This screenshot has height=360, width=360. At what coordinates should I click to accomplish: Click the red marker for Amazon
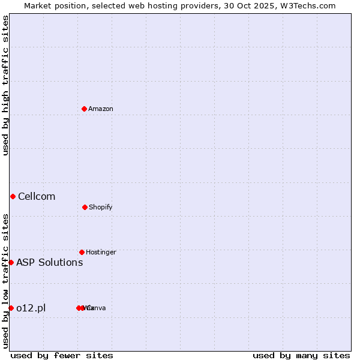pyautogui.click(x=85, y=109)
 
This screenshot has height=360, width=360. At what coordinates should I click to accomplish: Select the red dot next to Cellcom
pyautogui.click(x=13, y=196)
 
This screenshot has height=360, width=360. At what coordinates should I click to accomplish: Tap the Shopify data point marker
pyautogui.click(x=85, y=207)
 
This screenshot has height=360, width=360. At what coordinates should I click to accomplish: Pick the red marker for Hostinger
pyautogui.click(x=82, y=252)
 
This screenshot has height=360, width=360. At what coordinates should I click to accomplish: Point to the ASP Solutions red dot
pyautogui.click(x=11, y=262)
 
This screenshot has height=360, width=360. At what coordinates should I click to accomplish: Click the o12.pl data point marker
pyautogui.click(x=11, y=308)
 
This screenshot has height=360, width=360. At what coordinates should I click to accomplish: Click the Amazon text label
pyautogui.click(x=101, y=109)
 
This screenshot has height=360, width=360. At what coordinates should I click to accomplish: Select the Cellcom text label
pyautogui.click(x=37, y=196)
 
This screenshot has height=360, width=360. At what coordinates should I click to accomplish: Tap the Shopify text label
pyautogui.click(x=101, y=207)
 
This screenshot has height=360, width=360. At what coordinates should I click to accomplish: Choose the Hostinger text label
pyautogui.click(x=101, y=252)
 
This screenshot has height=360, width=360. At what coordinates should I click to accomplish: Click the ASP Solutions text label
pyautogui.click(x=49, y=262)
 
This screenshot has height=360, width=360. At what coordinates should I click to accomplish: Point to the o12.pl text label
pyautogui.click(x=31, y=308)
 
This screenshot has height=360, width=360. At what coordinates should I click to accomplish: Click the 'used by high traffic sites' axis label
pyautogui.click(x=5, y=85)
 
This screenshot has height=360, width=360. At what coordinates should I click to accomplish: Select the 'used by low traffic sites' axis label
pyautogui.click(x=5, y=281)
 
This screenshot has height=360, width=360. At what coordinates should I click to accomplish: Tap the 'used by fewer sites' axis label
pyautogui.click(x=62, y=355)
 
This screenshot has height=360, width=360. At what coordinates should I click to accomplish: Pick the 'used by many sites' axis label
pyautogui.click(x=301, y=355)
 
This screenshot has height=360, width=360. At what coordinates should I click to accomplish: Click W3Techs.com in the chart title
pyautogui.click(x=309, y=5)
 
